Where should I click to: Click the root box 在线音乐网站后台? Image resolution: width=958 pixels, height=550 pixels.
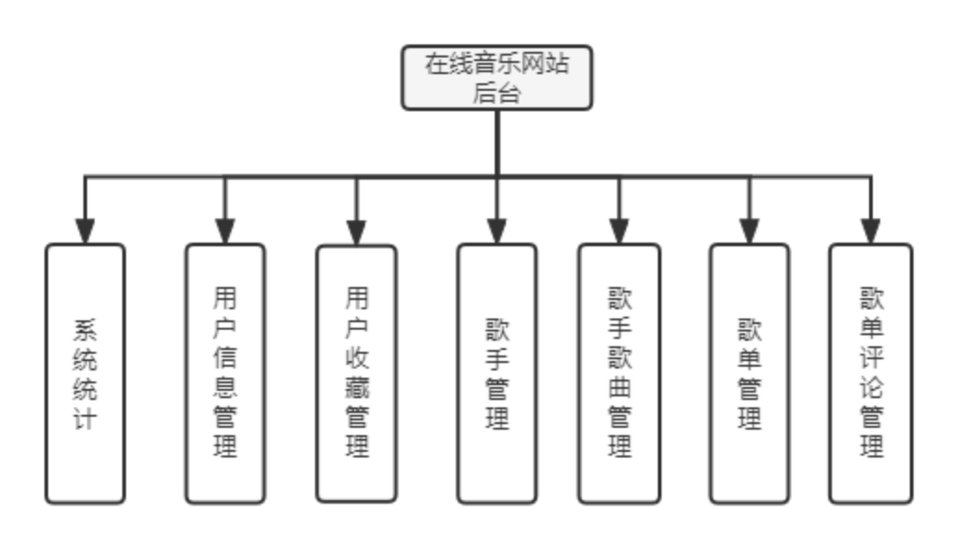point(497,78)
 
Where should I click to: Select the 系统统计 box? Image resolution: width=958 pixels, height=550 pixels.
point(85,373)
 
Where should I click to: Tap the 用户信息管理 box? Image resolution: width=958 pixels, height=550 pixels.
point(225,373)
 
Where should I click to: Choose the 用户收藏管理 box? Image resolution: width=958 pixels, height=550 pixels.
point(357,373)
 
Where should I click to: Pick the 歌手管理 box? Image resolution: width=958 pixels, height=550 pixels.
point(497,373)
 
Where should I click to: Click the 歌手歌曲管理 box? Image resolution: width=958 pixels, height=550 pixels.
point(619,373)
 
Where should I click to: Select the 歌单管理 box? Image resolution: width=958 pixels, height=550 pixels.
point(750,373)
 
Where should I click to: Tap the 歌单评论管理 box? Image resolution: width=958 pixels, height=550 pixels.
point(870,373)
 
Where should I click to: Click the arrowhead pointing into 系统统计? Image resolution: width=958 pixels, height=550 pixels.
point(85,230)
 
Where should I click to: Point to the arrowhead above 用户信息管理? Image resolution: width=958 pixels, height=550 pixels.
point(225,230)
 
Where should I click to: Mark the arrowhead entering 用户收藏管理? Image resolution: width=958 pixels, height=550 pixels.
point(357,230)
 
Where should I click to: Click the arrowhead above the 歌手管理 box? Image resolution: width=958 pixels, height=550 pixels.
point(497,230)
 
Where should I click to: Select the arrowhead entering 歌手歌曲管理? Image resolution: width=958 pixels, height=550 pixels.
point(619,230)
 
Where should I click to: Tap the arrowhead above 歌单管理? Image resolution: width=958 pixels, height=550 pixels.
point(750,230)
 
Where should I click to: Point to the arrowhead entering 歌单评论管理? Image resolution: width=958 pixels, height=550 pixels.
point(870,230)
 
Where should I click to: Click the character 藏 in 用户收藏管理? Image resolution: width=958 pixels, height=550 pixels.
point(357,387)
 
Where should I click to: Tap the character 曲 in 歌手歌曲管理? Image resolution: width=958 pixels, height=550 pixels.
point(619,387)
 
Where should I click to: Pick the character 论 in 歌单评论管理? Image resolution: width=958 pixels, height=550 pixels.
point(870,387)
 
